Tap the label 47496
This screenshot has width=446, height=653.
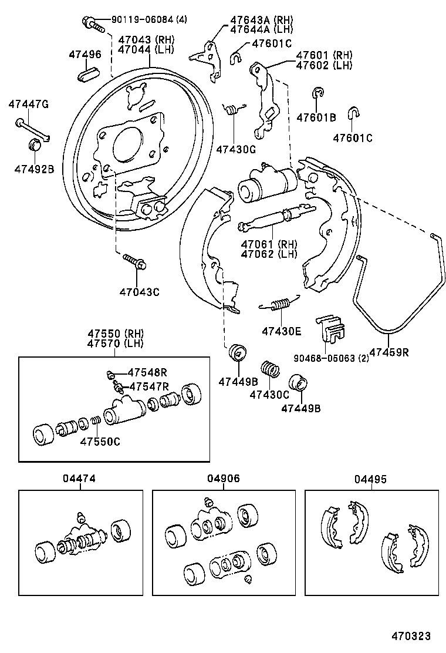[x=85, y=55]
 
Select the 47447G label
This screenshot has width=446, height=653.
[x=28, y=105]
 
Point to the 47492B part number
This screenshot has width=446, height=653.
[x=34, y=169]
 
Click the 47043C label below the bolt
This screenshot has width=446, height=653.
[x=139, y=291]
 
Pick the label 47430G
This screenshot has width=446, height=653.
[x=236, y=149]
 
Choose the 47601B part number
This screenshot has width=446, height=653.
[x=316, y=117]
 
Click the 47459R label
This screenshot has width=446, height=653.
[x=389, y=352]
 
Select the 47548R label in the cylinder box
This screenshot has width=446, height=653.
[x=148, y=372]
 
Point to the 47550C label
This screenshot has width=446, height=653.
[x=100, y=442]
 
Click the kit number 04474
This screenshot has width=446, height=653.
[x=79, y=479]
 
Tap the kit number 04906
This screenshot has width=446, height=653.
[x=223, y=479]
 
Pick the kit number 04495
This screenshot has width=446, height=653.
[x=370, y=479]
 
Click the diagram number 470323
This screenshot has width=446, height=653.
[x=411, y=636]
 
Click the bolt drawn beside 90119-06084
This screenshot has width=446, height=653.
[x=93, y=24]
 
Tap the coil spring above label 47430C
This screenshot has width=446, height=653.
[x=271, y=369]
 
